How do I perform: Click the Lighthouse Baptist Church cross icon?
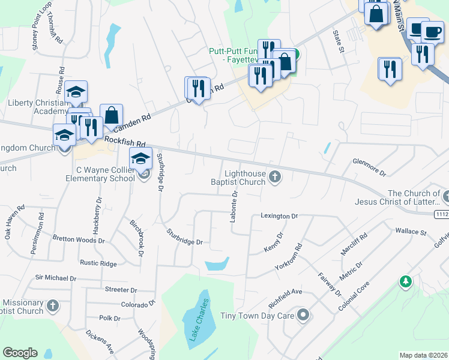pyautogui.click(x=275, y=176)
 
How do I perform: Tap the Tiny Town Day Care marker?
pyautogui.click(x=304, y=315)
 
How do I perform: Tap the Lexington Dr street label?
pyautogui.click(x=279, y=216)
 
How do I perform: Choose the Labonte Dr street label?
pyautogui.click(x=234, y=206)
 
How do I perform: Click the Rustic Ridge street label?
pyautogui.click(x=98, y=263)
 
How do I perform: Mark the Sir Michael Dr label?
pyautogui.click(x=56, y=278)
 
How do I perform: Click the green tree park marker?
pyautogui.click(x=406, y=281)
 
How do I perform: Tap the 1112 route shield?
pyautogui.click(x=442, y=214)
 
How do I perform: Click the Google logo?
pyautogui.click(x=20, y=353)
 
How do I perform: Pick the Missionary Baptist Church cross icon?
pyautogui.click(x=52, y=306)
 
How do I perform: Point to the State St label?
pyautogui.click(x=339, y=42)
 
